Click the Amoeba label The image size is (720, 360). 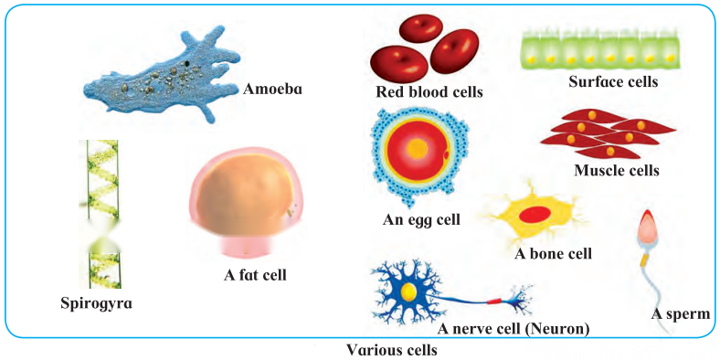pyautogui.click(x=272, y=89)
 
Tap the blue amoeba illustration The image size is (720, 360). pyautogui.click(x=163, y=76)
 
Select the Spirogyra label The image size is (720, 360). pyautogui.click(x=97, y=303)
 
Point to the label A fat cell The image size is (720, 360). pyautogui.click(x=255, y=275)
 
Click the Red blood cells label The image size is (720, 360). pyautogui.click(x=429, y=92)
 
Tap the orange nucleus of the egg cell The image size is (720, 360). pyautogui.click(x=418, y=148)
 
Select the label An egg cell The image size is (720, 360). pyautogui.click(x=421, y=220)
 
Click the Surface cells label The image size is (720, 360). pyautogui.click(x=613, y=82)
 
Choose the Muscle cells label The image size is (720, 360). pyautogui.click(x=616, y=171)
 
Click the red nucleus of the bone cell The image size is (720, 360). pyautogui.click(x=535, y=215)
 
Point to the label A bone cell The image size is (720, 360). pyautogui.click(x=553, y=253)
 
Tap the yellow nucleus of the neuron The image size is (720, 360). pyautogui.click(x=408, y=291)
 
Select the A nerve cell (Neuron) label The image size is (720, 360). pyautogui.click(x=513, y=329)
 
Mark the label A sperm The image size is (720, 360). pyautogui.click(x=681, y=314)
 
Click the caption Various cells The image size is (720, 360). pyautogui.click(x=391, y=350)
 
